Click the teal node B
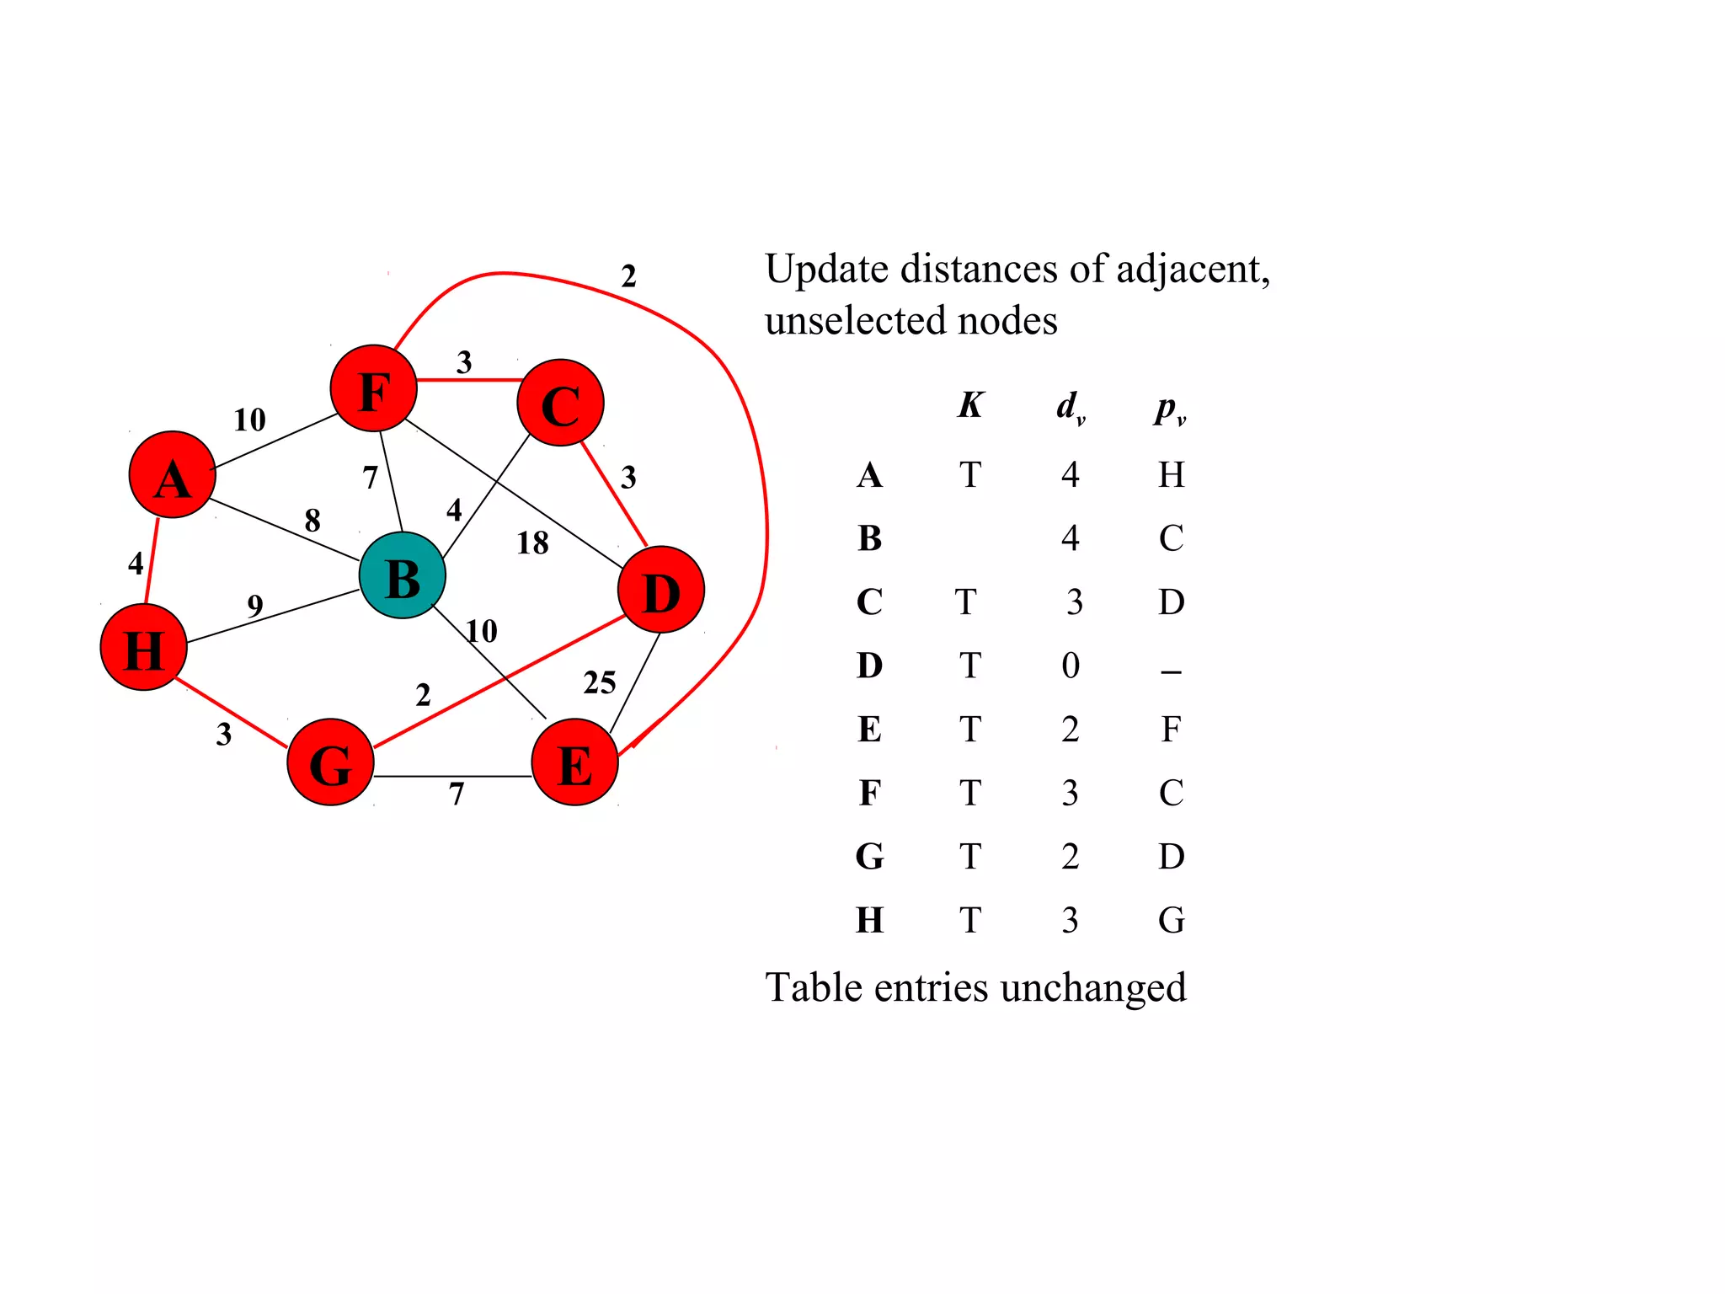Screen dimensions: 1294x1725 (402, 576)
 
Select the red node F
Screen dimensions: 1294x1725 (373, 388)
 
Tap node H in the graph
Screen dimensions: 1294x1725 (143, 648)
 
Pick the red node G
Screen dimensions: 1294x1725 (330, 762)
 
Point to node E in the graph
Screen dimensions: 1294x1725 (575, 762)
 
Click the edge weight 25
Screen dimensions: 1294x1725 (599, 682)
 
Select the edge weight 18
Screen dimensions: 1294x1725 (532, 543)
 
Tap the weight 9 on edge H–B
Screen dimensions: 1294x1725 (255, 606)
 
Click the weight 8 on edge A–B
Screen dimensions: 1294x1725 (312, 521)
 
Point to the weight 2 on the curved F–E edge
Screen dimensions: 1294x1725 (628, 276)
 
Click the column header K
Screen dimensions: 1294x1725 (969, 406)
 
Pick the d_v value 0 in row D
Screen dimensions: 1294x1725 (1071, 666)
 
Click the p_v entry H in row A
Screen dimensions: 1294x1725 (1171, 475)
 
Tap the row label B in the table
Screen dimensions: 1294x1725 (869, 538)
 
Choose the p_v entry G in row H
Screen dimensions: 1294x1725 (1171, 921)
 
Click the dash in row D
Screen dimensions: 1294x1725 (1171, 671)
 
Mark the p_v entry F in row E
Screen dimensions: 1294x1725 (1171, 730)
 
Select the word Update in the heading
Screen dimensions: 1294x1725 (826, 270)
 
